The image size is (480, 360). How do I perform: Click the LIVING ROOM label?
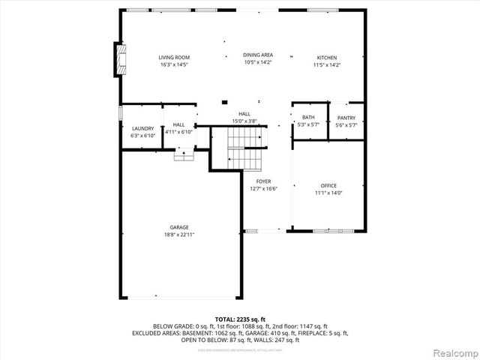(174, 58)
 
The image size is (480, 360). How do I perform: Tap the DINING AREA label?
(257, 55)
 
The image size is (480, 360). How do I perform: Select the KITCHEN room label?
(326, 58)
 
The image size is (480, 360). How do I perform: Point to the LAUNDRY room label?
(142, 128)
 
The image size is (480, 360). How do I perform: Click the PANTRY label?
(346, 118)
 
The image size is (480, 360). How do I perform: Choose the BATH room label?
(308, 118)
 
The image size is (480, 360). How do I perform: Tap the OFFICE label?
(328, 185)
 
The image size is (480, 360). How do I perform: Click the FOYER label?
(263, 181)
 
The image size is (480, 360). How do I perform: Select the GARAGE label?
(178, 227)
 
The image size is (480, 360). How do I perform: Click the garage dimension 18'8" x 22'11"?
(178, 235)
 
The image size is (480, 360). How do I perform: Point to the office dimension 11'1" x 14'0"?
(328, 193)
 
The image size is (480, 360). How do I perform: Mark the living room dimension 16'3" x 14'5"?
(174, 65)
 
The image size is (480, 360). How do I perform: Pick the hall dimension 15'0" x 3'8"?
(244, 121)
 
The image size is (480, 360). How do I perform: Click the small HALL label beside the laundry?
(178, 124)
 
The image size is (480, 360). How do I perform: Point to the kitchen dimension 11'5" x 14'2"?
(326, 65)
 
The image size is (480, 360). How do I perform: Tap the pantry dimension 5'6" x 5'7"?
(346, 125)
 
